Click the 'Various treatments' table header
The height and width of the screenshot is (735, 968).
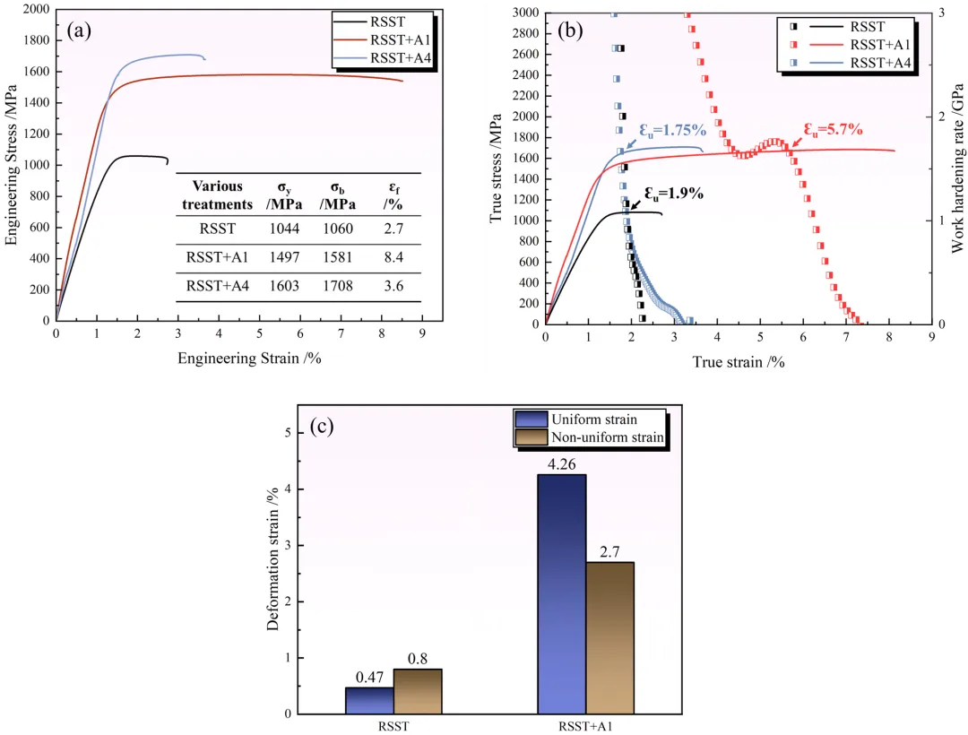pyautogui.click(x=217, y=195)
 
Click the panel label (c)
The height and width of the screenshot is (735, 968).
pyautogui.click(x=322, y=427)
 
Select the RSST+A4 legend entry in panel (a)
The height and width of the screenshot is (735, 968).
pyautogui.click(x=401, y=60)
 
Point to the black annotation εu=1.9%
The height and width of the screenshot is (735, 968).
pyautogui.click(x=673, y=194)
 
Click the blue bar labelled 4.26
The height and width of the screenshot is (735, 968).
pyautogui.click(x=561, y=593)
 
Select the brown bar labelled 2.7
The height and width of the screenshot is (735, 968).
pyautogui.click(x=609, y=637)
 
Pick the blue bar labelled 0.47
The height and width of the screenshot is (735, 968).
pyautogui.click(x=369, y=700)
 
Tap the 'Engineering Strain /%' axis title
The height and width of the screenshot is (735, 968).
pyautogui.click(x=249, y=359)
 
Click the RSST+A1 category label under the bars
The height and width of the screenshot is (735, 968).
pyautogui.click(x=585, y=725)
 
